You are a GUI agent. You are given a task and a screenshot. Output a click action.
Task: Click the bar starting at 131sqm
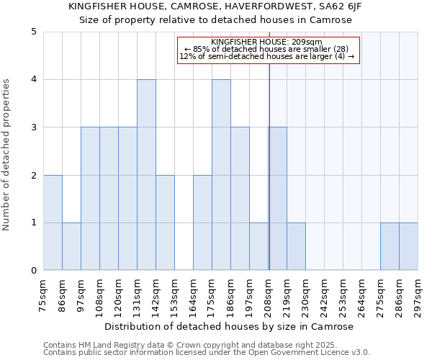click(146, 175)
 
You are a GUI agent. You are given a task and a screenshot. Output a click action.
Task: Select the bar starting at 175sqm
click(221, 175)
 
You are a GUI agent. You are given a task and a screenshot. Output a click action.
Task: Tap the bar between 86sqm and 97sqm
click(71, 246)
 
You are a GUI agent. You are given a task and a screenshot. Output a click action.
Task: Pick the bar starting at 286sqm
click(408, 246)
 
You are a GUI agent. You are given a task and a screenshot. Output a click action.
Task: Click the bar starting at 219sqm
click(296, 246)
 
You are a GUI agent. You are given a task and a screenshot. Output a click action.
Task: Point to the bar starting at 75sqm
click(53, 222)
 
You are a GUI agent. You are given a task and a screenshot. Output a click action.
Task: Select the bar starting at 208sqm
click(277, 199)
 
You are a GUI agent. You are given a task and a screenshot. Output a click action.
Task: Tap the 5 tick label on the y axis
click(34, 32)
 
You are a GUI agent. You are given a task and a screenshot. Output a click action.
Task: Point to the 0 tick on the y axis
click(34, 271)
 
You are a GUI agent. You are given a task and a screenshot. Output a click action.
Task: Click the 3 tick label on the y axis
click(34, 127)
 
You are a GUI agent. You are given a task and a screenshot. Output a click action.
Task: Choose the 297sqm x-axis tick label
click(418, 295)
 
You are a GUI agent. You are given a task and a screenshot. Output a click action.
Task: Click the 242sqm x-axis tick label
click(325, 295)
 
